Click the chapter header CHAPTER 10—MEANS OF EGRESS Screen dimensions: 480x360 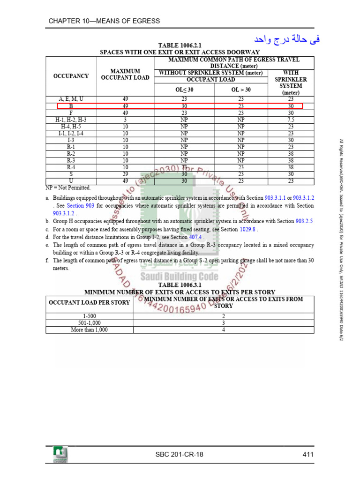(104, 21)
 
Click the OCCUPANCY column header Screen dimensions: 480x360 (70, 76)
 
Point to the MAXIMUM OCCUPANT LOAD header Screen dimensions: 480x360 (125, 74)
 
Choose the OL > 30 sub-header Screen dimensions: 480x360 (241, 90)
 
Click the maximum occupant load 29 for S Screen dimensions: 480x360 (125, 173)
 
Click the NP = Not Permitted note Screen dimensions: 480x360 (68, 187)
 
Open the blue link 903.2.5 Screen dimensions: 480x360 (304, 220)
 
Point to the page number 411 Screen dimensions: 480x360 (308, 454)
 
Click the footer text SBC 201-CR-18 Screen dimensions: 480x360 (180, 454)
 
